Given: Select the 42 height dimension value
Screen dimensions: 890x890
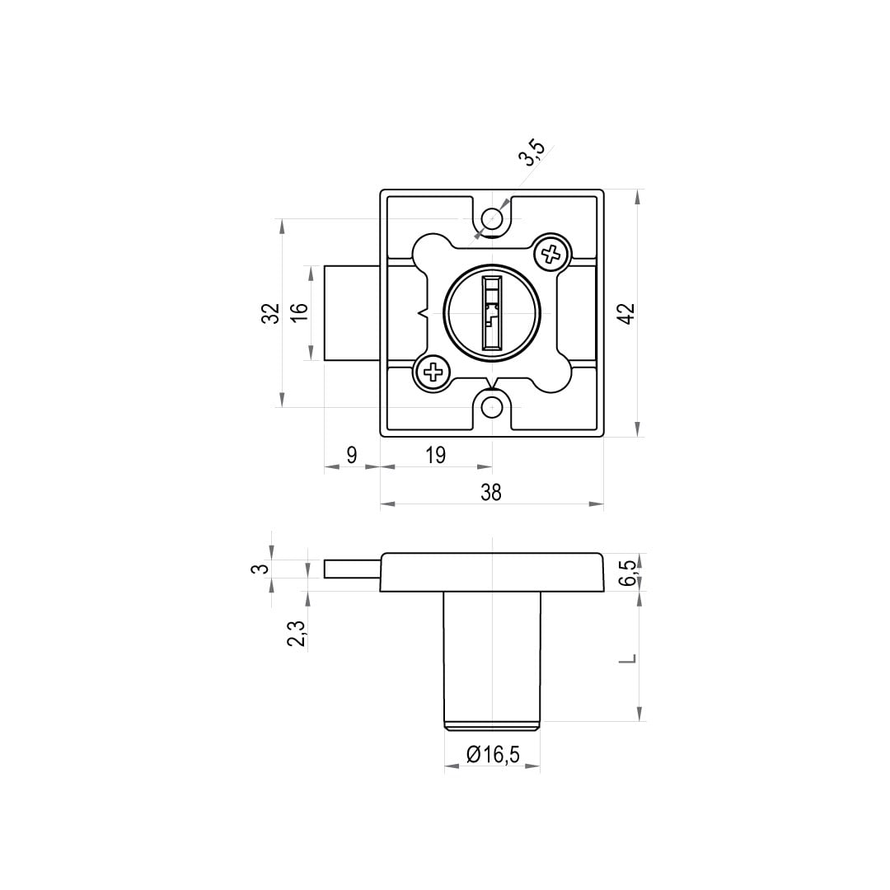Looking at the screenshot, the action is tap(626, 314).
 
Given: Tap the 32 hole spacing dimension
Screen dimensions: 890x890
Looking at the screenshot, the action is tap(272, 313).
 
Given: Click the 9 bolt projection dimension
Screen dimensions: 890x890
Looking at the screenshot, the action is tap(352, 455).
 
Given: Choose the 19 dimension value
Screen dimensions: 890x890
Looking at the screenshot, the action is tap(435, 455).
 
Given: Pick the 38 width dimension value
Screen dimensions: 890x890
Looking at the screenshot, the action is tap(491, 493).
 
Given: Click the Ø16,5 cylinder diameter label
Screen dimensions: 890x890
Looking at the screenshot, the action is tap(493, 754).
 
